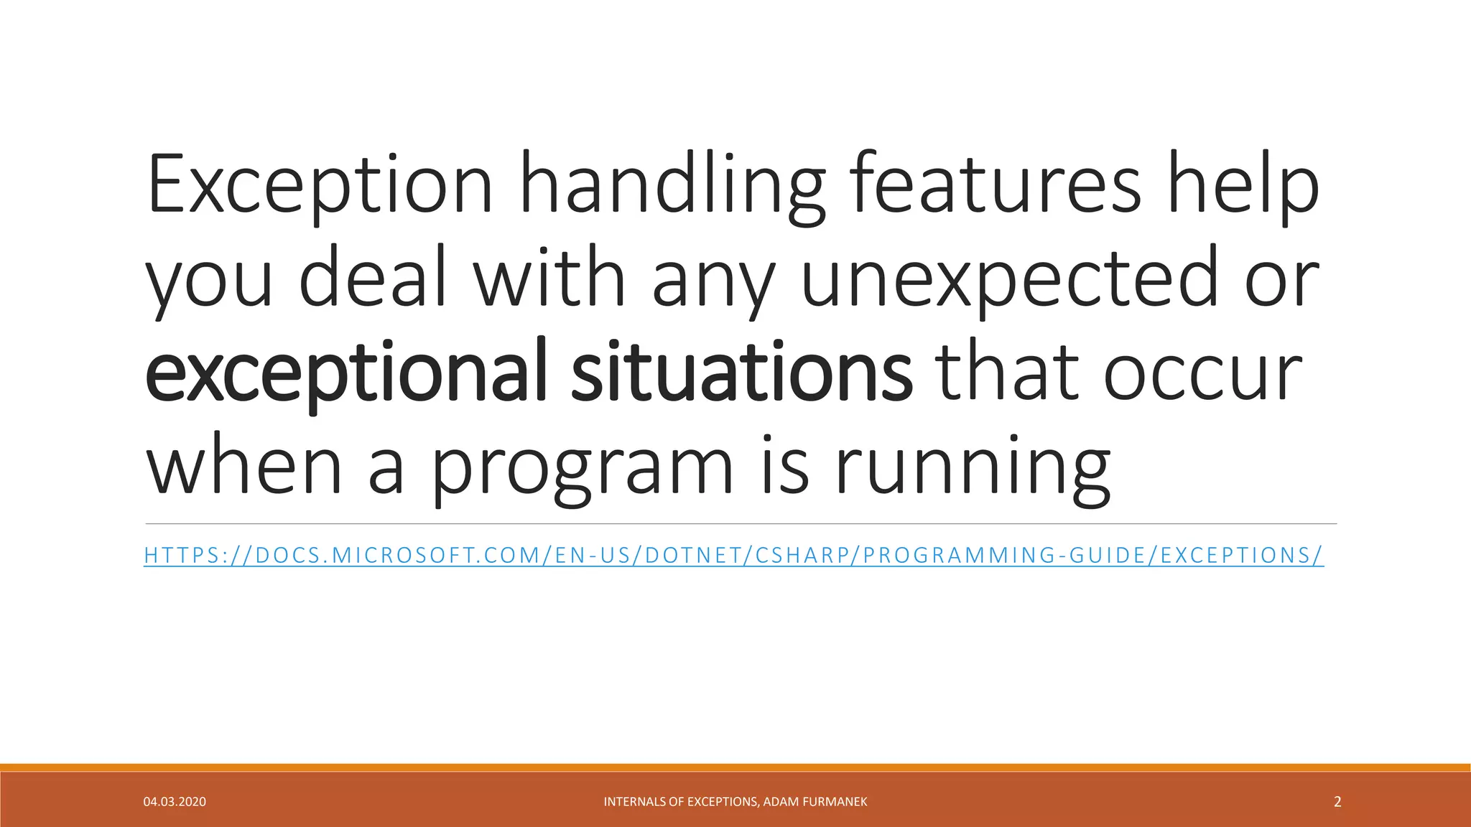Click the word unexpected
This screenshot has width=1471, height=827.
(1008, 279)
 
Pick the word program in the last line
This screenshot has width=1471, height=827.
(582, 467)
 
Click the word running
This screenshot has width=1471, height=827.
(973, 467)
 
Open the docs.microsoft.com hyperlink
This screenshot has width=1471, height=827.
(733, 556)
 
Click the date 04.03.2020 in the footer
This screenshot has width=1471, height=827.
(175, 802)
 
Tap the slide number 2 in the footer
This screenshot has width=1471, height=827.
(1337, 802)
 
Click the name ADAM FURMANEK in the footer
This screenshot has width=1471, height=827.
(815, 802)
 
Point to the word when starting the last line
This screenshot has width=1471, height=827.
(244, 467)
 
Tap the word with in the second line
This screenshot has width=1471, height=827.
(549, 279)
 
